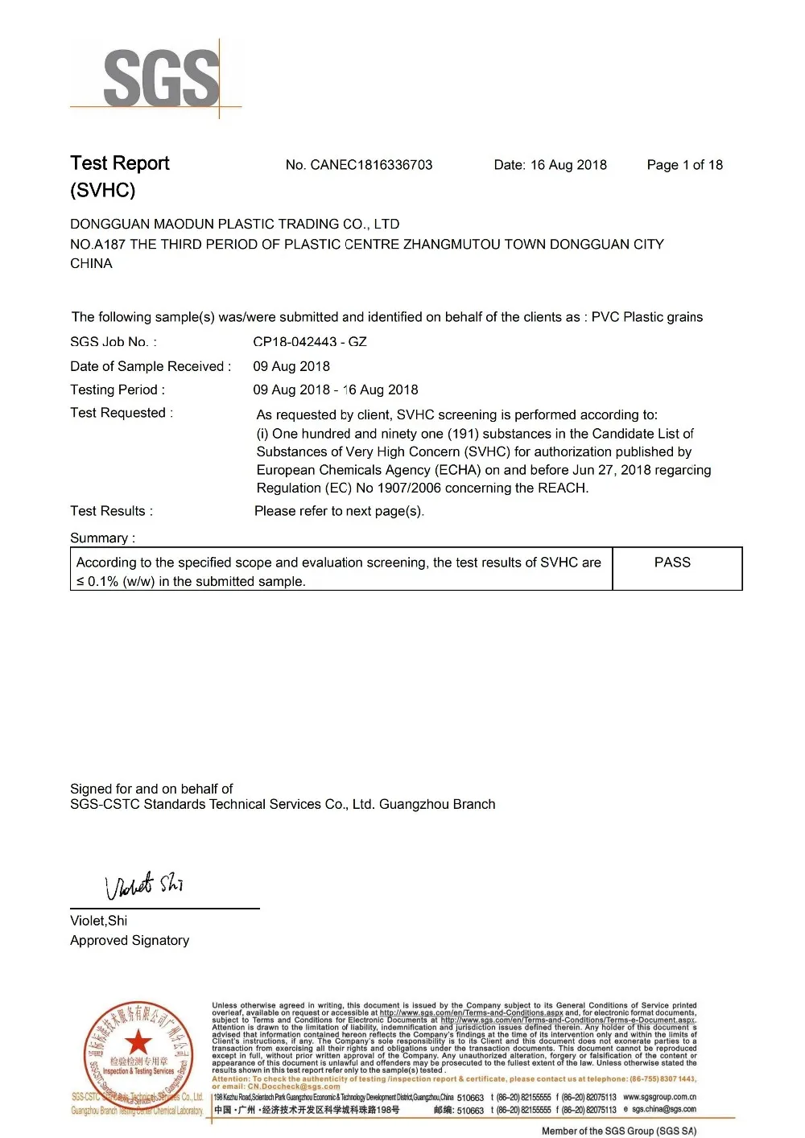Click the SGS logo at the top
160,78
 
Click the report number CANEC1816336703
371,165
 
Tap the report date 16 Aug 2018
568,165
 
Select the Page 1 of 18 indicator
684,165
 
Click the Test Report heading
120,163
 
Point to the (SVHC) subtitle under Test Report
102,191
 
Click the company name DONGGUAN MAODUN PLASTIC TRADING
234,225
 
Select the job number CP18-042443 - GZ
310,342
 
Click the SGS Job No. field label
113,342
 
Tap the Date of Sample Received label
151,366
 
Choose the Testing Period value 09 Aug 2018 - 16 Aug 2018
336,390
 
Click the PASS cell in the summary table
672,563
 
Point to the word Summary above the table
101,538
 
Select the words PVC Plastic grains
647,317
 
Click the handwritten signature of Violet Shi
145,885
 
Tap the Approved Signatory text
130,940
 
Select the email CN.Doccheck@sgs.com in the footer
294,1086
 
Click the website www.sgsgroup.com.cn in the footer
659,1097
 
